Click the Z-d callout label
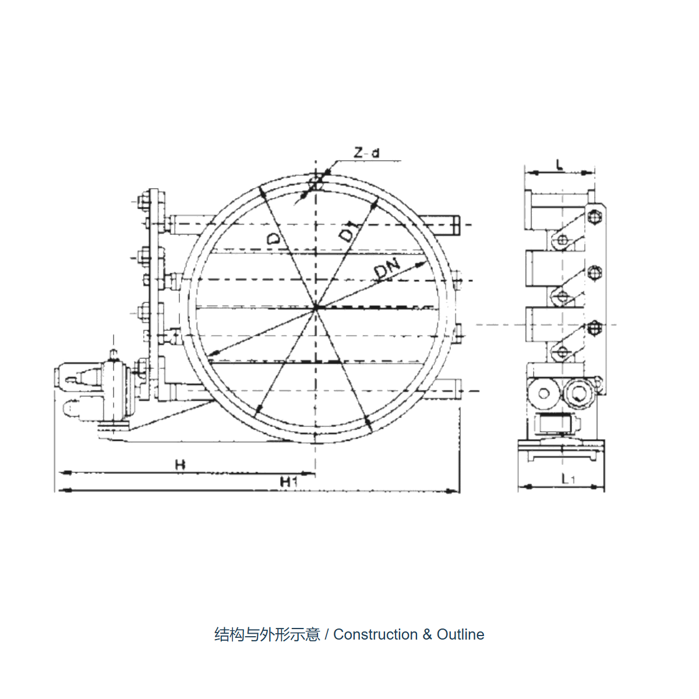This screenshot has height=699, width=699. point(366,153)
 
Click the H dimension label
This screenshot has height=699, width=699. point(180,465)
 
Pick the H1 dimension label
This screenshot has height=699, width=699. point(289,482)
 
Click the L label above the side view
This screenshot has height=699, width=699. point(560,165)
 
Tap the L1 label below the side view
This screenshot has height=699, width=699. point(568,479)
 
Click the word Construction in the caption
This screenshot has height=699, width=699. point(376,634)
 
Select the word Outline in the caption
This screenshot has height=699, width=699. point(460,634)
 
